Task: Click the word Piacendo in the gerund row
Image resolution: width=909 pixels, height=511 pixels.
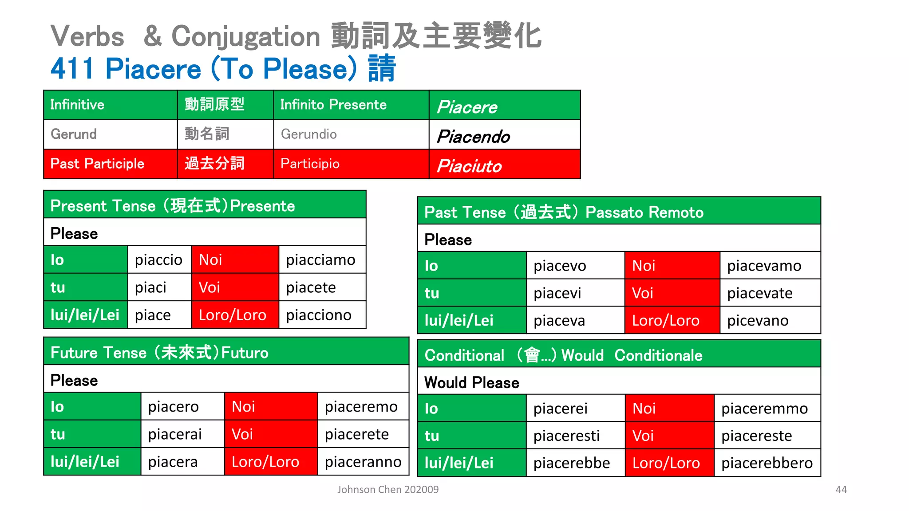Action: click(474, 137)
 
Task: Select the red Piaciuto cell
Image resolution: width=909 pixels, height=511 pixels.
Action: click(504, 165)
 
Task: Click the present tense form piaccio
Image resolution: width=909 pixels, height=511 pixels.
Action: click(158, 260)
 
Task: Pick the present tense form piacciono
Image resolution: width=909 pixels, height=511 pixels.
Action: click(319, 315)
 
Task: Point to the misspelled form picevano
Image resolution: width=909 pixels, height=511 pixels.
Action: click(758, 320)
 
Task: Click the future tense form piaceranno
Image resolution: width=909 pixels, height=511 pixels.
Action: click(363, 462)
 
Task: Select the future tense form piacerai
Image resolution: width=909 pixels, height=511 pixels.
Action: click(175, 434)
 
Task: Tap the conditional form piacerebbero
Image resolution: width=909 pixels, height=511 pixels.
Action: click(767, 463)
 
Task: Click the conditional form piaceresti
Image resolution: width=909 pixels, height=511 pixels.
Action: click(566, 436)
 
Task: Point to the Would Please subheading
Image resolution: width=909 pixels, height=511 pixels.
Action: click(471, 382)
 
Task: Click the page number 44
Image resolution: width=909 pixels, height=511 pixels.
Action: click(841, 489)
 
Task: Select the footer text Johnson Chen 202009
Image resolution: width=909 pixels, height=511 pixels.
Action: click(388, 489)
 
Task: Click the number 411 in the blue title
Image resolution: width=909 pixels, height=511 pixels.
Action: click(72, 69)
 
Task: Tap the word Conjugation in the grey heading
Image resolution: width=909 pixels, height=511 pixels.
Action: click(245, 36)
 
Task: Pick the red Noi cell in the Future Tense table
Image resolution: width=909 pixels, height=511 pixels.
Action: click(271, 406)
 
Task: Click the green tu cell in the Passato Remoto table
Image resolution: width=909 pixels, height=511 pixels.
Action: click(471, 293)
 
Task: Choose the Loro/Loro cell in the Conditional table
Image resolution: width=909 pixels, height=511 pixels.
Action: click(669, 463)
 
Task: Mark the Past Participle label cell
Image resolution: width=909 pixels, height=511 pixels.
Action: click(110, 164)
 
